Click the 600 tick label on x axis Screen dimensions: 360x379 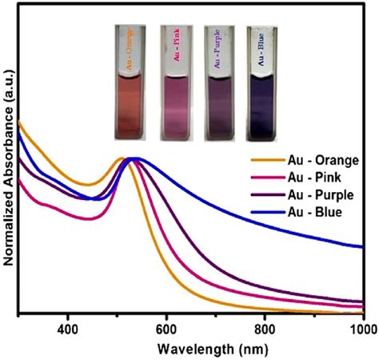pyautogui.click(x=166, y=329)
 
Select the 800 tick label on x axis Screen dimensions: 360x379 pyautogui.click(x=265, y=329)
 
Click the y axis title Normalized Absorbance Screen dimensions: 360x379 pyautogui.click(x=10, y=160)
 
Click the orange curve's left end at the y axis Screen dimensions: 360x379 pyautogui.click(x=19, y=122)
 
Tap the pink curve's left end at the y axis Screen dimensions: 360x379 pyautogui.click(x=19, y=179)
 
